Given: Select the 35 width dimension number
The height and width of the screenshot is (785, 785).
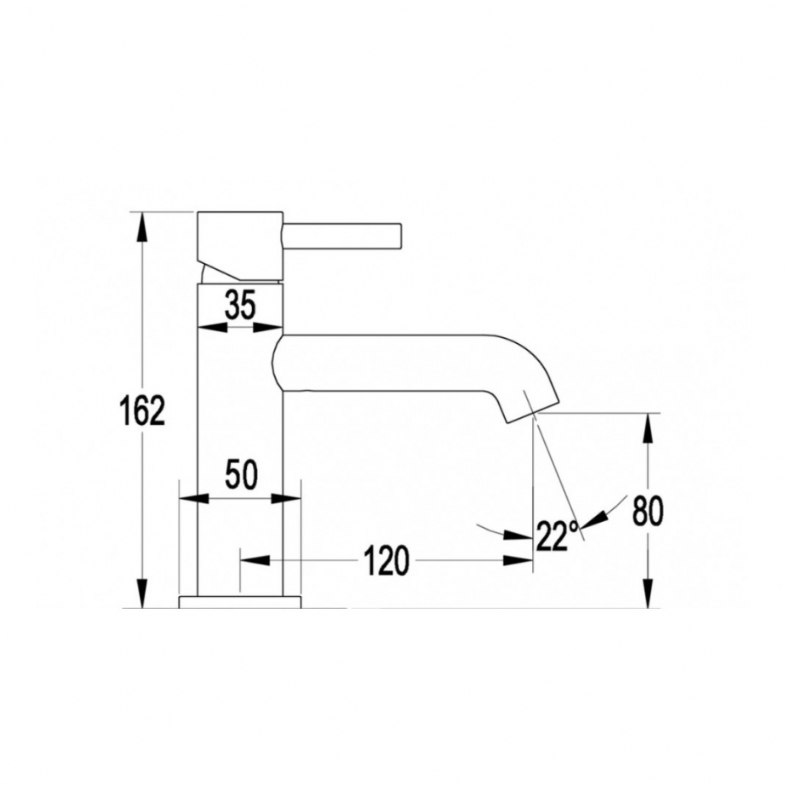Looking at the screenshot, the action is [240, 306].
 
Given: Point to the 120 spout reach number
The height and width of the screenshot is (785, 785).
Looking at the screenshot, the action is [386, 561].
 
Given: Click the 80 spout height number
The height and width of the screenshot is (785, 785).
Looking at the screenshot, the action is [647, 511].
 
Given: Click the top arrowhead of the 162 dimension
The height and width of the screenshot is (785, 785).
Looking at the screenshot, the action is [143, 227].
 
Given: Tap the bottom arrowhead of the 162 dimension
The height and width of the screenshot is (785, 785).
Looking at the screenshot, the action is [143, 593].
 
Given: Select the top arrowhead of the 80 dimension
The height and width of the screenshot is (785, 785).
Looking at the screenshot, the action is [648, 427].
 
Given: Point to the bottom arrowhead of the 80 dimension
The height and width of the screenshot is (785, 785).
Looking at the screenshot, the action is [648, 593].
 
